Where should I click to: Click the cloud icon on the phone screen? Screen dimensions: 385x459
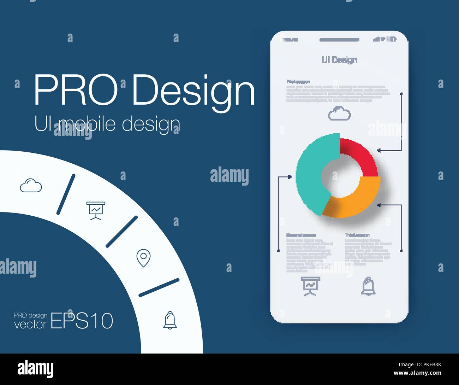coord(339,114)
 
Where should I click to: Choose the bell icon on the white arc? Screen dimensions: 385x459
coord(170,320)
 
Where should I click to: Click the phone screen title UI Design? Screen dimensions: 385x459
coord(339,60)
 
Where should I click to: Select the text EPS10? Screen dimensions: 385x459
coord(82,321)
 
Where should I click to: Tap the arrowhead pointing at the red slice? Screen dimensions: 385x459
coord(379,150)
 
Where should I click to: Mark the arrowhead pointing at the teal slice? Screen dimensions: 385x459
coord(290,176)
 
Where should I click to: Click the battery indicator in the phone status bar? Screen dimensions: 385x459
coord(392,39)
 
